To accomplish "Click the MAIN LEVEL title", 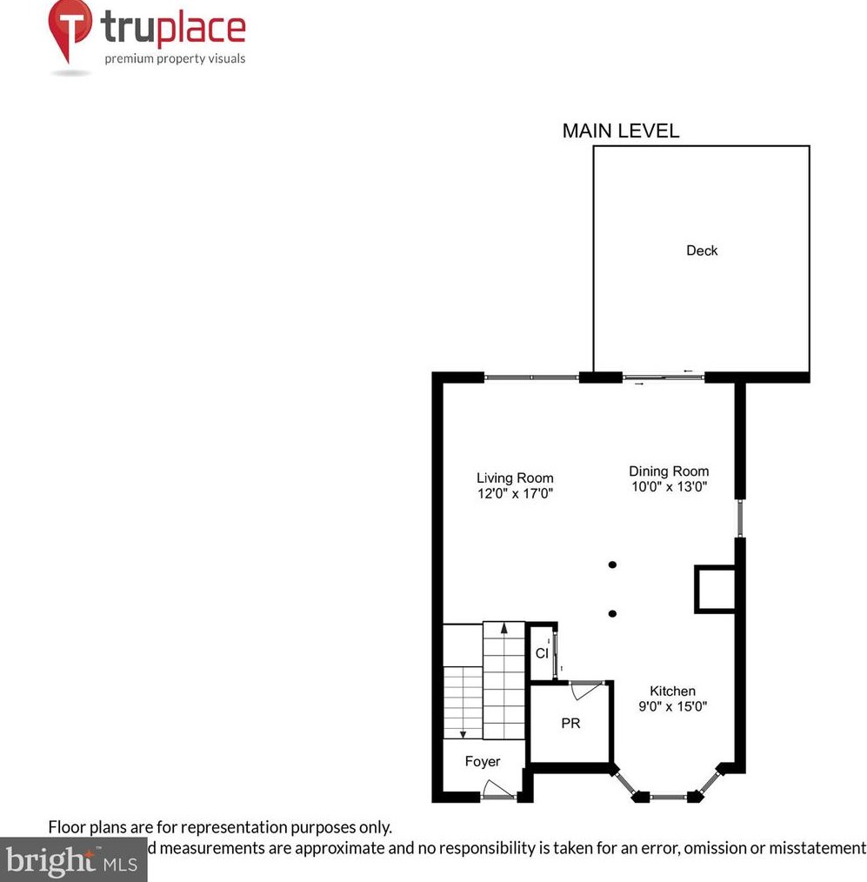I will click(620, 131).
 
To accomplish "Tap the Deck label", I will click(702, 251).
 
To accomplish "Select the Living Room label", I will click(515, 478).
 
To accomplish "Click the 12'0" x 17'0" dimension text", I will click(515, 493).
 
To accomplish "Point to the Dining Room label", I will click(669, 471).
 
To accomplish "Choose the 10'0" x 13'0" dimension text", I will click(669, 487).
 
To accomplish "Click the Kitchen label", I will click(672, 691).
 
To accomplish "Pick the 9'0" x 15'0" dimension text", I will click(672, 706).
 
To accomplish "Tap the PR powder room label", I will click(570, 723).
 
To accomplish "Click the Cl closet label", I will click(542, 652).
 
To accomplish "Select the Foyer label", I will click(482, 761).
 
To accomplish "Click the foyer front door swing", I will click(498, 789).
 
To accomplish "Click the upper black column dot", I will click(612, 565).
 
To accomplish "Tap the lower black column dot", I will click(612, 613).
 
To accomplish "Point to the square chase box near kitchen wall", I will click(715, 589).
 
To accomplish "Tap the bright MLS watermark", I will click(73, 861).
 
